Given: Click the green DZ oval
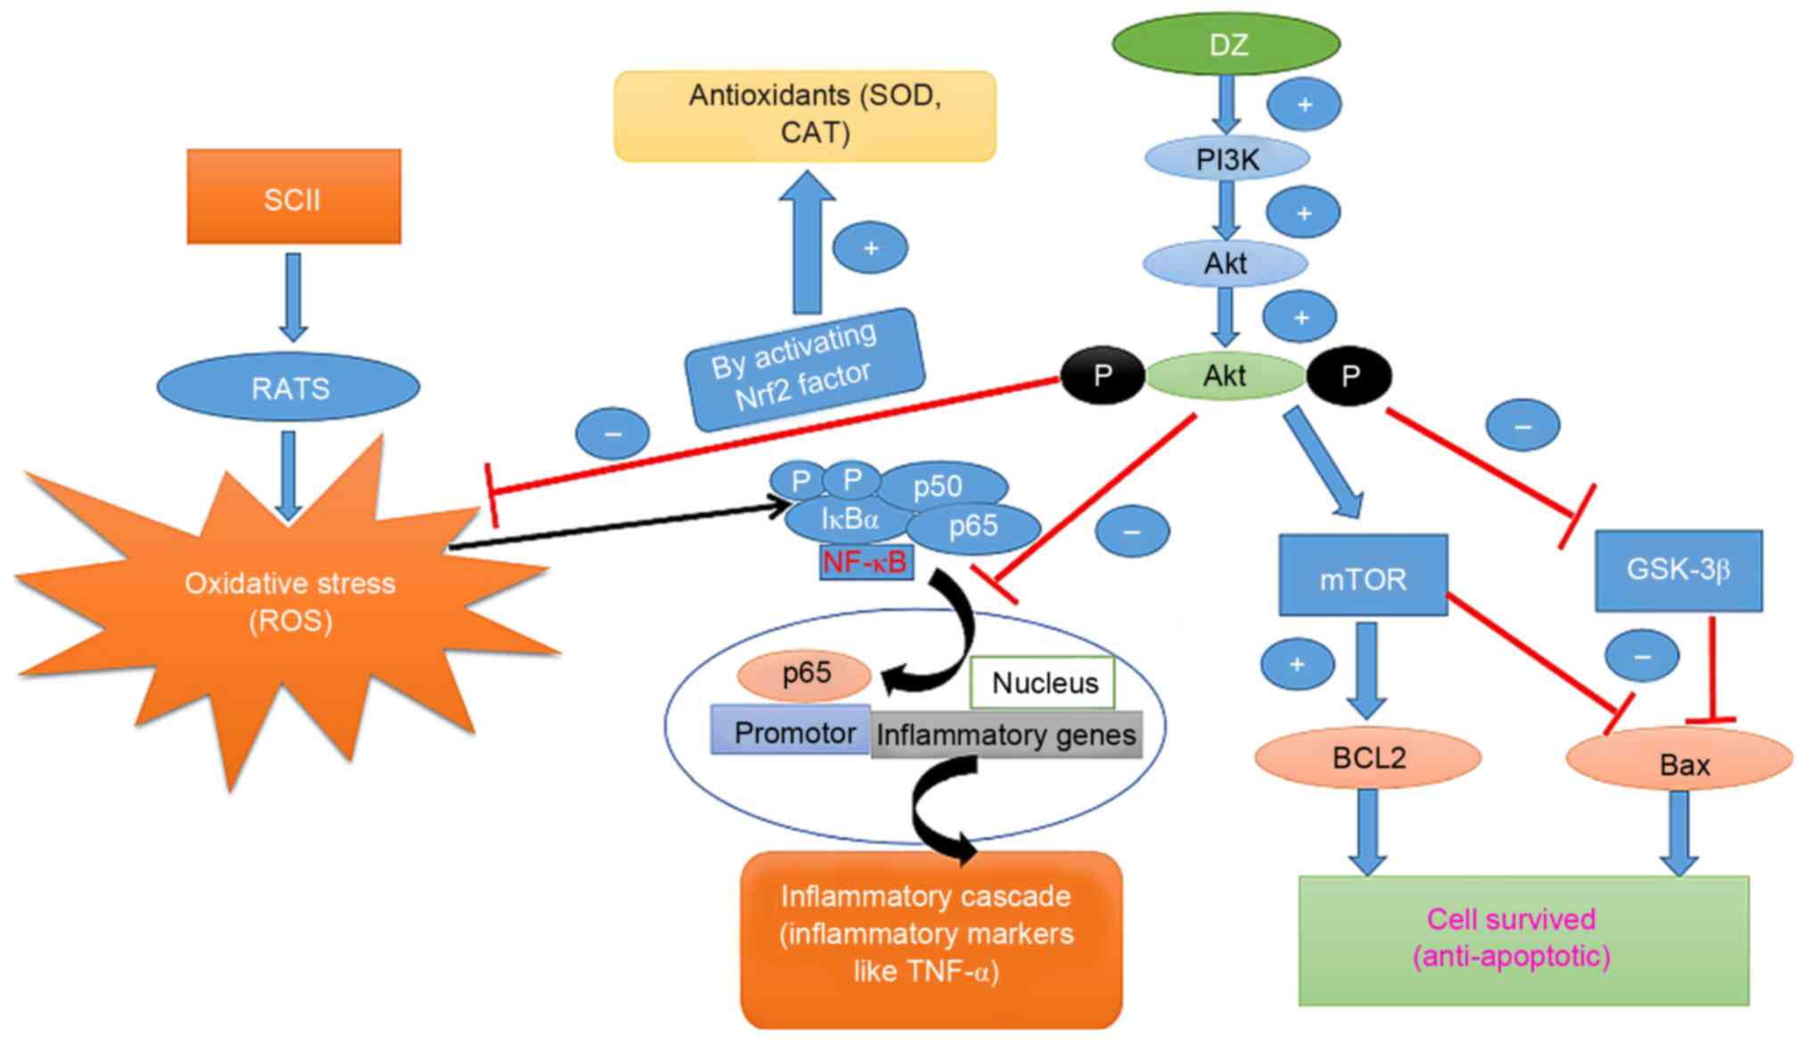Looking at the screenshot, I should [x=1226, y=44].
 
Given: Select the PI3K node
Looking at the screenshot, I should [x=1227, y=160].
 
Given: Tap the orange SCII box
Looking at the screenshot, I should [x=293, y=197].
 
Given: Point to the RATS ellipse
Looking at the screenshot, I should [x=288, y=388].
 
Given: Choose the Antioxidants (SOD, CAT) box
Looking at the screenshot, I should [x=805, y=116].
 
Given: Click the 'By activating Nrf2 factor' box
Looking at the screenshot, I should [x=804, y=370].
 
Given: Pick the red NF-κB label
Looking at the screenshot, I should [x=865, y=562].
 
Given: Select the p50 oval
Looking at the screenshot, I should [x=941, y=486].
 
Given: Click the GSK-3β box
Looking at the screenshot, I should [x=1678, y=570].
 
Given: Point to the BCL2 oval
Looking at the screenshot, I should [x=1367, y=758].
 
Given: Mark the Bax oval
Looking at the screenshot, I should [x=1680, y=763].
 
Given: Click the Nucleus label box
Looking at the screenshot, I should [x=1043, y=683].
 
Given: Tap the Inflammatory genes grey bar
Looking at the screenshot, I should [x=1006, y=735].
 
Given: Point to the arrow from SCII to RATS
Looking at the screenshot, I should [x=293, y=296].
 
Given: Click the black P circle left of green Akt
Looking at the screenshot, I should [x=1103, y=375].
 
